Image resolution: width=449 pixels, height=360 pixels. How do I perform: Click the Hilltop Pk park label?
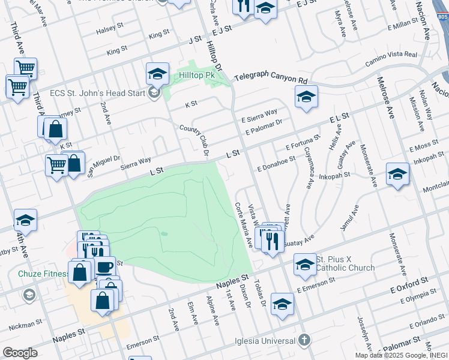(x=196, y=76)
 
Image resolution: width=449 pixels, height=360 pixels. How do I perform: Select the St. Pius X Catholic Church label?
(x=345, y=263)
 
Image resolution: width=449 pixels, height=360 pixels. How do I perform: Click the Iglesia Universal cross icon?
(x=305, y=340)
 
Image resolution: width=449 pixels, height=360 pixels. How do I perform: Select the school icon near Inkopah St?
(x=397, y=175)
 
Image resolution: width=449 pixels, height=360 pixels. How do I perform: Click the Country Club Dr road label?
(x=194, y=139)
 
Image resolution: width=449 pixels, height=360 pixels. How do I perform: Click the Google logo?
(x=20, y=353)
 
